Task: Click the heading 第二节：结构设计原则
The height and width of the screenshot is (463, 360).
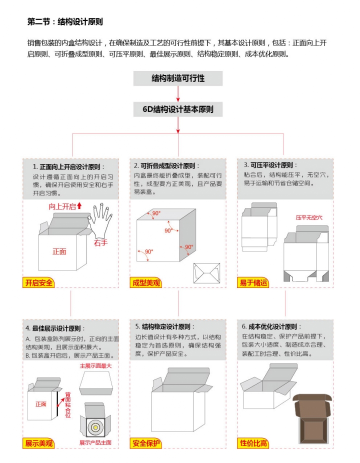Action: (65, 22)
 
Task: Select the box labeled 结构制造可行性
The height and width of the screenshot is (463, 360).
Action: (178, 78)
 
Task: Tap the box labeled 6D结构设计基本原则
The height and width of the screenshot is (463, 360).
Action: (178, 109)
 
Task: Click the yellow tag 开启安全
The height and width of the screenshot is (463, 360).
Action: (39, 282)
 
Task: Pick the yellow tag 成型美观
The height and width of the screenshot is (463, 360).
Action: (145, 282)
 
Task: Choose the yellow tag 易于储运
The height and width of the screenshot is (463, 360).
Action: (253, 282)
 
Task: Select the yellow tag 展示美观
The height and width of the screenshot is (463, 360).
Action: (39, 443)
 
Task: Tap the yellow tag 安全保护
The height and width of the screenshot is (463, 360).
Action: (146, 443)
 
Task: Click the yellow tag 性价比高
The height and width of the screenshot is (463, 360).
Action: (253, 443)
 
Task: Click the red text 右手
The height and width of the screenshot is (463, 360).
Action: (100, 242)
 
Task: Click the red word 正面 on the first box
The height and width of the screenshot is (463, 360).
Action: (59, 251)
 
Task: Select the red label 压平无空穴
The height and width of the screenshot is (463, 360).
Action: (309, 217)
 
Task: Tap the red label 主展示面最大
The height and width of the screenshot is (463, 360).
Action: (95, 366)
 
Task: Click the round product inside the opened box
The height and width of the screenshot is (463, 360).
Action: (95, 426)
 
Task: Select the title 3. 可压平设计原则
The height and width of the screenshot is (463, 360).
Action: (270, 165)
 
